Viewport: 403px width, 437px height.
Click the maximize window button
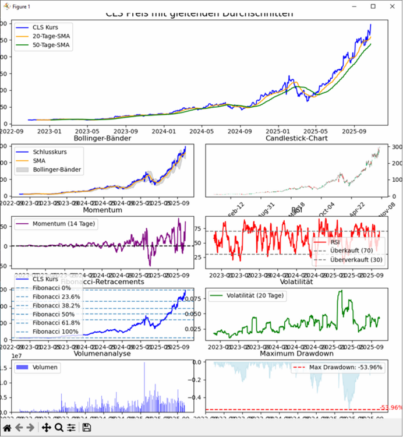coord(373,6)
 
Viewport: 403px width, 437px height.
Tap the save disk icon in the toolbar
coord(87,428)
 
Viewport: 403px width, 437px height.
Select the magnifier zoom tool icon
coord(58,428)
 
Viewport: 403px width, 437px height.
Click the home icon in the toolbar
coord(7,428)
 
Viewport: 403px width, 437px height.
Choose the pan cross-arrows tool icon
coord(45,428)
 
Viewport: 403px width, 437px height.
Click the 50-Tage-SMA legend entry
coord(52,45)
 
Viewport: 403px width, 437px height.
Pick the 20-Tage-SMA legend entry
coord(52,36)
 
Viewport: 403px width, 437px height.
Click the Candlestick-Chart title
coord(296,139)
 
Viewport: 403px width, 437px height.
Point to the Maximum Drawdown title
coord(296,354)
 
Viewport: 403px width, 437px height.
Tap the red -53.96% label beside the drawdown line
coord(391,407)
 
